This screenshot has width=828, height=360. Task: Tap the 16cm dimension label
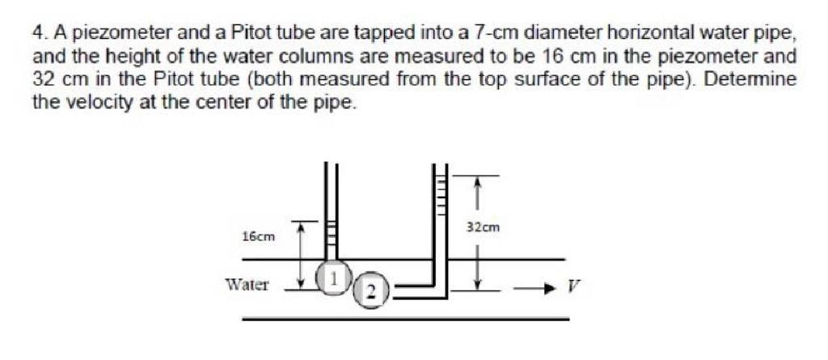pyautogui.click(x=259, y=237)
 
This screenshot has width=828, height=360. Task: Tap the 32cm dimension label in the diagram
pyautogui.click(x=484, y=228)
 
